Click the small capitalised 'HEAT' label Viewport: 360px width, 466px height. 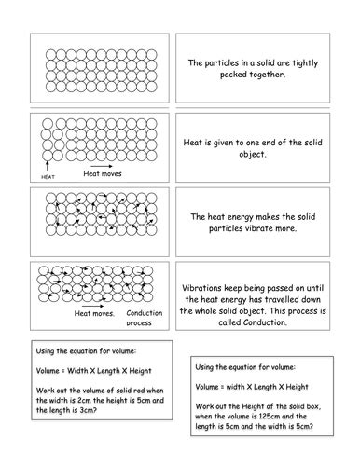point(49,176)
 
